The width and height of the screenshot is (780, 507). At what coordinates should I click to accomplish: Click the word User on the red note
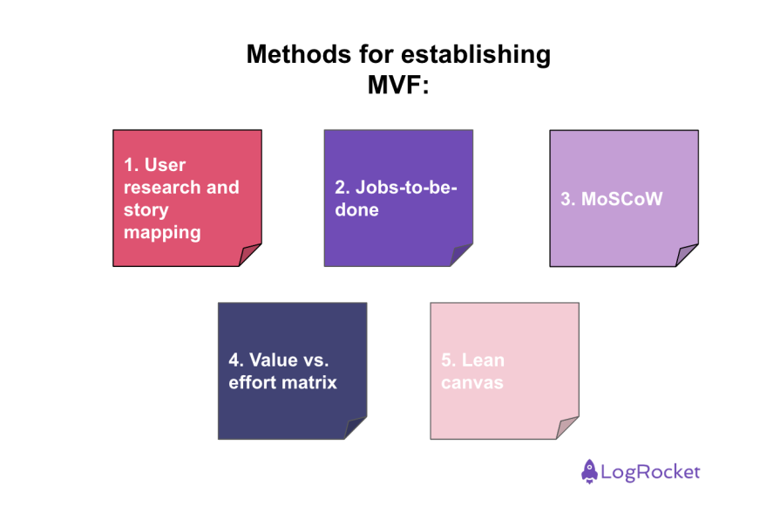tap(165, 164)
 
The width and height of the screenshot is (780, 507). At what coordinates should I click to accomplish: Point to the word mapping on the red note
tap(162, 232)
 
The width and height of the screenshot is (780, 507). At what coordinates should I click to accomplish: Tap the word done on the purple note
tap(357, 210)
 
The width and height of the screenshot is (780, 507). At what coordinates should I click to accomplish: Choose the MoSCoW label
tap(611, 199)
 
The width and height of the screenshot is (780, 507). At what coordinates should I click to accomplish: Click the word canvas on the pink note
tap(471, 382)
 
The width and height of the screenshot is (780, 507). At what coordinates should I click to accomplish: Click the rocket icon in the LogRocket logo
tap(590, 471)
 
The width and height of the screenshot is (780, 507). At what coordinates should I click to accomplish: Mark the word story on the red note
tap(146, 209)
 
